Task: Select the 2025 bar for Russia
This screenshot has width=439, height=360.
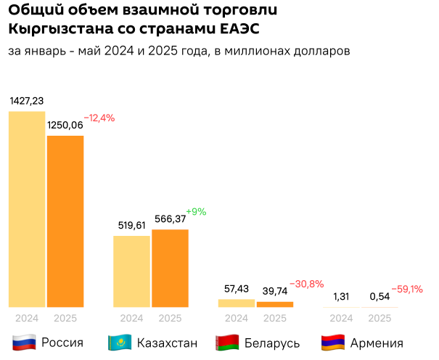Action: (x=65, y=221)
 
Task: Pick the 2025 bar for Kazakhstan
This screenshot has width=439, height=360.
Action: (x=170, y=268)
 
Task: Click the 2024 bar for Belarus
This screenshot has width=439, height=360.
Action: (x=237, y=303)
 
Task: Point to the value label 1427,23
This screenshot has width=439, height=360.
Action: (x=27, y=101)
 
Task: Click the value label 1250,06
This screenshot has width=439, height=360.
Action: (x=65, y=125)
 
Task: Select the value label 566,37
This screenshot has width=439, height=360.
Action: (x=171, y=218)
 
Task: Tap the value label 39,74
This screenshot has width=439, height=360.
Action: (x=275, y=290)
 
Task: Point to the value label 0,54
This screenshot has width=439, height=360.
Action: (x=379, y=296)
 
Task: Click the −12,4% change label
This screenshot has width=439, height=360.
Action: (x=99, y=118)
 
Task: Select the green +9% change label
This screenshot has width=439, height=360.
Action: (x=196, y=212)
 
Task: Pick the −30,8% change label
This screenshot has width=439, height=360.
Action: (x=307, y=283)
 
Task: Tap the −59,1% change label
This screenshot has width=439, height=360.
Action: (x=407, y=289)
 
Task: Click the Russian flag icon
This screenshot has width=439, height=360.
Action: (x=25, y=343)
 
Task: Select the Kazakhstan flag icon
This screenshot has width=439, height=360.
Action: (x=119, y=343)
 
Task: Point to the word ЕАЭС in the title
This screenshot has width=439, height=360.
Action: (x=237, y=29)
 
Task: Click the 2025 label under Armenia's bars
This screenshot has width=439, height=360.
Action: (x=379, y=318)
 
